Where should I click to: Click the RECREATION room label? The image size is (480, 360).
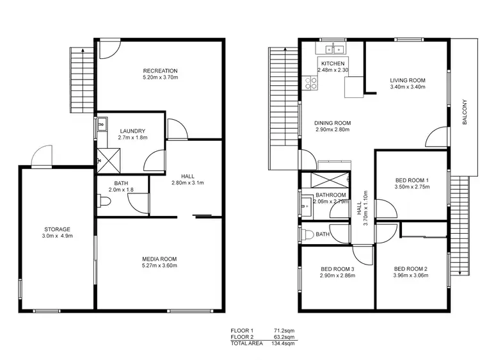160,70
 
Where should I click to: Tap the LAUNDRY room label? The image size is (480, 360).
132,131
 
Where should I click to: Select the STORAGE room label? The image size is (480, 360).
57,229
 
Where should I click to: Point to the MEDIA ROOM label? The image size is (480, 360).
159,259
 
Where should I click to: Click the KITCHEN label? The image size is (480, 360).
333,63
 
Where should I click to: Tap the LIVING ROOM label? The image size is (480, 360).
408,81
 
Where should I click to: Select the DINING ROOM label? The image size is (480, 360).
333,123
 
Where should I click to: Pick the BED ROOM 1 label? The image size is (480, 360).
411,180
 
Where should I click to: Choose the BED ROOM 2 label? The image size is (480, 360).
411,268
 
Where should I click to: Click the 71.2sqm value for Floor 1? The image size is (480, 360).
284,331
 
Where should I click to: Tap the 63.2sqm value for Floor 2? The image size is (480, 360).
284,336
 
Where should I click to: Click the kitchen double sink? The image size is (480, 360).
333,49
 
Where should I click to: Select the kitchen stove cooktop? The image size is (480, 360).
311,82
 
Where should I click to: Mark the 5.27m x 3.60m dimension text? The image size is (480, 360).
159,265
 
